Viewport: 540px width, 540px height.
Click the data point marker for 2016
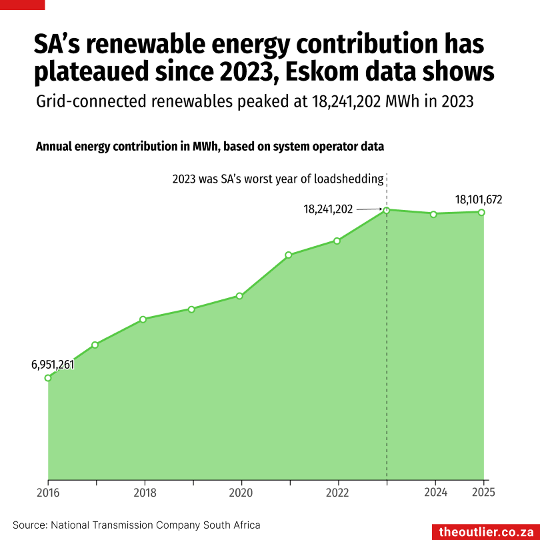coord(48,378)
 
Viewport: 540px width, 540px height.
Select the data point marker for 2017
coord(95,345)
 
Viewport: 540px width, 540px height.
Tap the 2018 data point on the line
coord(143,319)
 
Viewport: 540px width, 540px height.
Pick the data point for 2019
coord(191,309)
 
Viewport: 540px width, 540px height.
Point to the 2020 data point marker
coord(239,296)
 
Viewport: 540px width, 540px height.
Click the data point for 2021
coord(289,255)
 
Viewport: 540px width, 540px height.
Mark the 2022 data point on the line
coord(337,241)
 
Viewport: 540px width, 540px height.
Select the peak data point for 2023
coord(386,210)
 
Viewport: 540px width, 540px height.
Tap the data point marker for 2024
coord(433,214)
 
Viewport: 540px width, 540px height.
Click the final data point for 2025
coord(481,212)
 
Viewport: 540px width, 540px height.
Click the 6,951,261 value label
coord(53,364)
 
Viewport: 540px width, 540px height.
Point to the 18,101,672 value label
coord(479,199)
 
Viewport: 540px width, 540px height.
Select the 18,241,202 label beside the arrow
coord(328,209)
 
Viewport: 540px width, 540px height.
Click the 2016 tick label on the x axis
coord(48,493)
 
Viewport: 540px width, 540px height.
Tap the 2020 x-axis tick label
coord(240,493)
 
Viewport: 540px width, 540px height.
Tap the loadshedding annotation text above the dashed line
coord(278,179)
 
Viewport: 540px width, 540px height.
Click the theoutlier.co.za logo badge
coord(486,531)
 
